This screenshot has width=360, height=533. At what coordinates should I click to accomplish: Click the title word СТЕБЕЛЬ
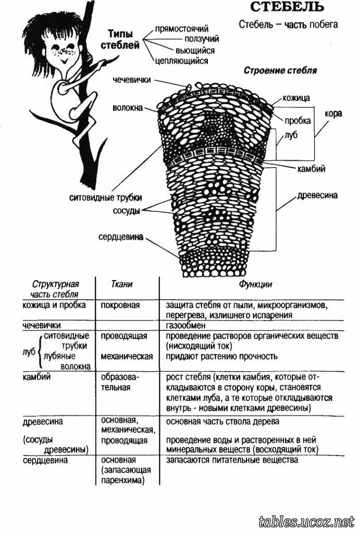(x=288, y=7)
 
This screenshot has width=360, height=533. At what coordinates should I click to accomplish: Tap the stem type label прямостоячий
(x=182, y=29)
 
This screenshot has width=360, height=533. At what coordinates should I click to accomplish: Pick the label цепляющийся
(x=181, y=61)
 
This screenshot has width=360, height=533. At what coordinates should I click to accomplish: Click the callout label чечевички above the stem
(x=132, y=80)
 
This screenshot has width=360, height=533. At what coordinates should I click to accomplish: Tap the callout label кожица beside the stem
(x=296, y=97)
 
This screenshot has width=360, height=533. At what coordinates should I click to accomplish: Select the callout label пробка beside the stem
(x=297, y=121)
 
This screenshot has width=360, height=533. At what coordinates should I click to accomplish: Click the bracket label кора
(x=333, y=113)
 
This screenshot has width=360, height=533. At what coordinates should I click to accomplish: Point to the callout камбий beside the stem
(x=311, y=169)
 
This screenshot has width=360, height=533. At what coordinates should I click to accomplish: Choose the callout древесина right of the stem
(x=317, y=196)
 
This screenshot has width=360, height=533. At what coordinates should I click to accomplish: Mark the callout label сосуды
(x=127, y=211)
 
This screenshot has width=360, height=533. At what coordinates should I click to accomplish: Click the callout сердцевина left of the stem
(x=121, y=237)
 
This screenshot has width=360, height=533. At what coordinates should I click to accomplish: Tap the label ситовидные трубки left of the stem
(x=106, y=198)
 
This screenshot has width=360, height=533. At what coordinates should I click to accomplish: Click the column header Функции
(x=255, y=285)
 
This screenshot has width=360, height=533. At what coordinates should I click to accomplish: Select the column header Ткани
(x=122, y=285)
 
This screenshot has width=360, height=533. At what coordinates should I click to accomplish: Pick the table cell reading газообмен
(x=185, y=325)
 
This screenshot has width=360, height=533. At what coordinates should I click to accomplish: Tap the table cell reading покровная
(x=120, y=305)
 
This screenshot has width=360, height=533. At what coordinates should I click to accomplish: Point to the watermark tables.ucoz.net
(x=306, y=521)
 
